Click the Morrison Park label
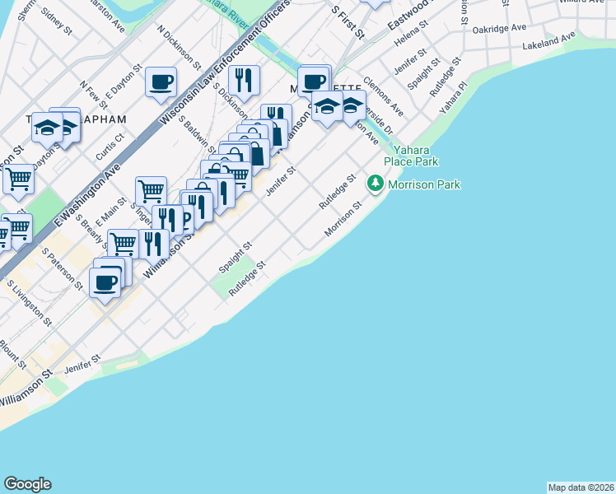[423, 184]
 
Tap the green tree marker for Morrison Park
[376, 182]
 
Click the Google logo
[27, 484]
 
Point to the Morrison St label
[343, 220]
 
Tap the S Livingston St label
[29, 302]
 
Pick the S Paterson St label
[63, 269]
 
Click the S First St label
[347, 22]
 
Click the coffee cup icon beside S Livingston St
[105, 282]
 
